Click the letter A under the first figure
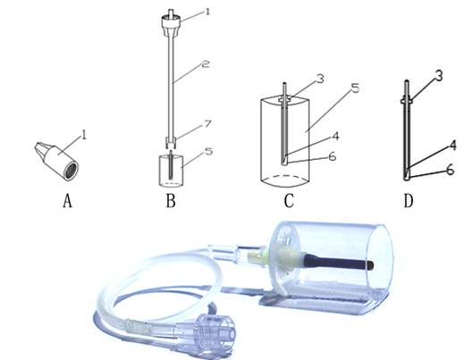pyautogui.click(x=68, y=201)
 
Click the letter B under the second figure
pyautogui.click(x=171, y=201)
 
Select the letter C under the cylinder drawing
pyautogui.click(x=289, y=201)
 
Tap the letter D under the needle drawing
pyautogui.click(x=408, y=201)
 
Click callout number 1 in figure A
pyautogui.click(x=84, y=135)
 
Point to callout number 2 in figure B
pyautogui.click(x=205, y=63)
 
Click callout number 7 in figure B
pyautogui.click(x=208, y=124)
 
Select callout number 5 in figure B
pyautogui.click(x=208, y=151)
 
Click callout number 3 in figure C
pyautogui.click(x=320, y=78)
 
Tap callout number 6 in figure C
pyautogui.click(x=332, y=156)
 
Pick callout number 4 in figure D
pyautogui.click(x=452, y=146)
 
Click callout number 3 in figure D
pyautogui.click(x=439, y=75)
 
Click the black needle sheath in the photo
pyautogui.click(x=339, y=263)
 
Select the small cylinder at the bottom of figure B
pyautogui.click(x=171, y=171)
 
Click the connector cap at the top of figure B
pyautogui.click(x=171, y=23)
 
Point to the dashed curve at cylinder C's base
pyautogui.click(x=285, y=176)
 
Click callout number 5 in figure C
pyautogui.click(x=355, y=88)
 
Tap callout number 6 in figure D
pyautogui.click(x=450, y=171)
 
